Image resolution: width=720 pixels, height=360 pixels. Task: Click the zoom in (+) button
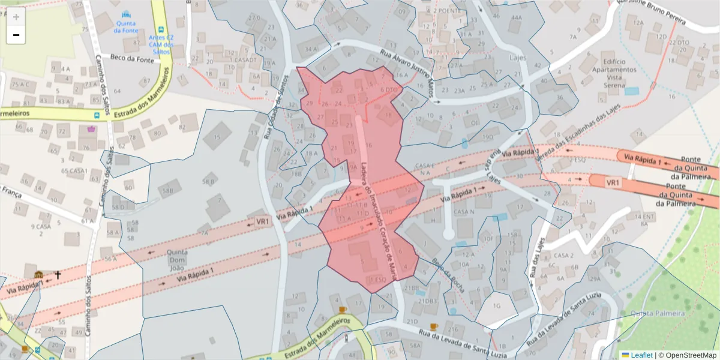(16, 17)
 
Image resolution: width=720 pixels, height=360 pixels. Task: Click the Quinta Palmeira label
(658, 313)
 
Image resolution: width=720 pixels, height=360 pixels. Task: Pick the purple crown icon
(91, 128)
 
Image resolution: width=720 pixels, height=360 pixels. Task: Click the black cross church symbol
(58, 275)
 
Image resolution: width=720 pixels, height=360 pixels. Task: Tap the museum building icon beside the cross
(39, 275)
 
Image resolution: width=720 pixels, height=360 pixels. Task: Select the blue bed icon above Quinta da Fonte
(125, 14)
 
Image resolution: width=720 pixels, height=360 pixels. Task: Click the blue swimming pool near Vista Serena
(631, 91)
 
